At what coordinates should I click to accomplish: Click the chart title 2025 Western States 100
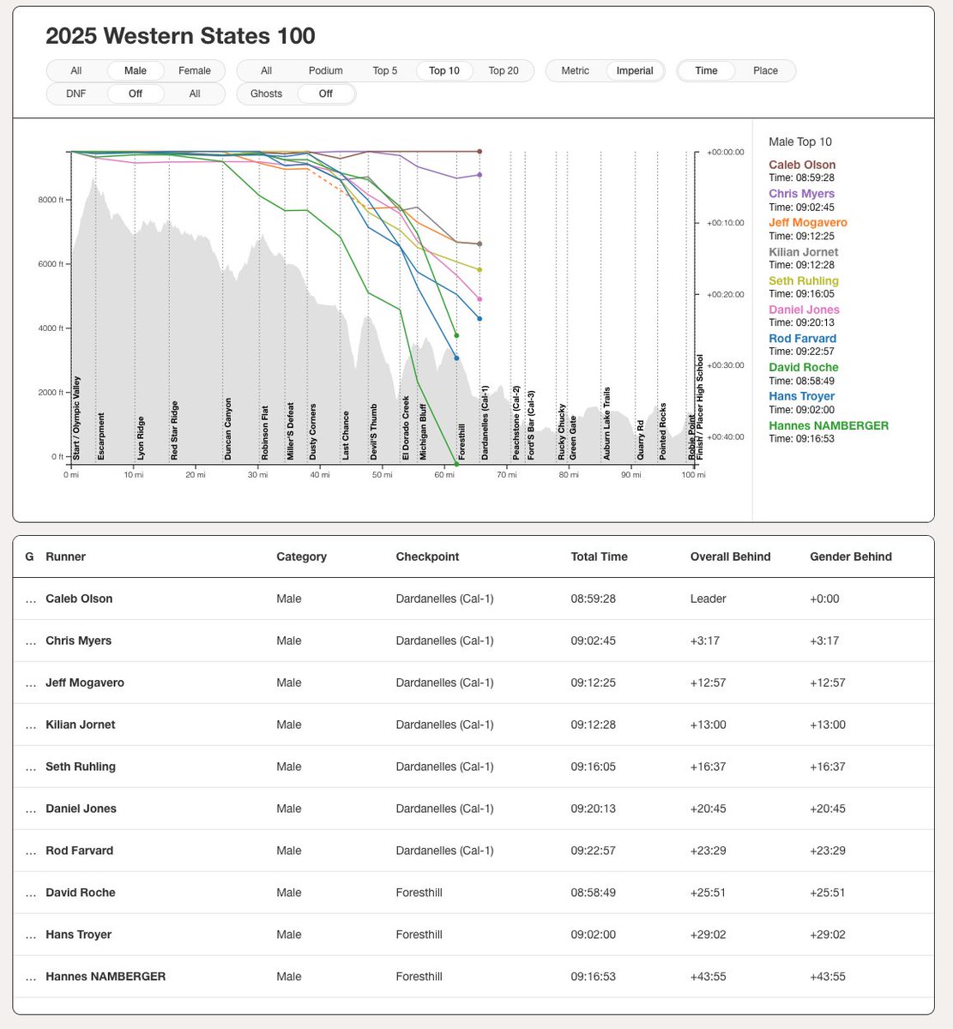click(x=180, y=36)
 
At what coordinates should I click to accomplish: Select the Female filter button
click(x=195, y=71)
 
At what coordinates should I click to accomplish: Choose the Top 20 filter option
click(x=504, y=71)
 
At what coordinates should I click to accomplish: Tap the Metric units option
click(x=575, y=71)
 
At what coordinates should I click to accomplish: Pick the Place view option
click(x=765, y=71)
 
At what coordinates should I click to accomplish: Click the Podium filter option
click(x=325, y=71)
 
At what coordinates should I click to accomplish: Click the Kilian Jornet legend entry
click(x=803, y=252)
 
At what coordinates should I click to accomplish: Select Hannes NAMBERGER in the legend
click(x=828, y=425)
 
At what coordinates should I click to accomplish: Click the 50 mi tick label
click(x=382, y=475)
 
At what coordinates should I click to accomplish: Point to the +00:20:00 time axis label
click(x=726, y=294)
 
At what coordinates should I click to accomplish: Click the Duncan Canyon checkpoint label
click(x=228, y=428)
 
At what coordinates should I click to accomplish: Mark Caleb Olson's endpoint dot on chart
click(x=480, y=152)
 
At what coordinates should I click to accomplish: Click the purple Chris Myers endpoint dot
click(x=480, y=175)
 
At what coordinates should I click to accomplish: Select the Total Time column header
click(x=599, y=557)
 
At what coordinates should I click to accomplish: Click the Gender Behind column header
click(x=850, y=557)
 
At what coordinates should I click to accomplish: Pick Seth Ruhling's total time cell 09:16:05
click(x=593, y=767)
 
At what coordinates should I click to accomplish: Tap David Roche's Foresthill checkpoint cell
click(x=419, y=893)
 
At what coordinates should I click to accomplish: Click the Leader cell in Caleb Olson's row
click(x=708, y=599)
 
